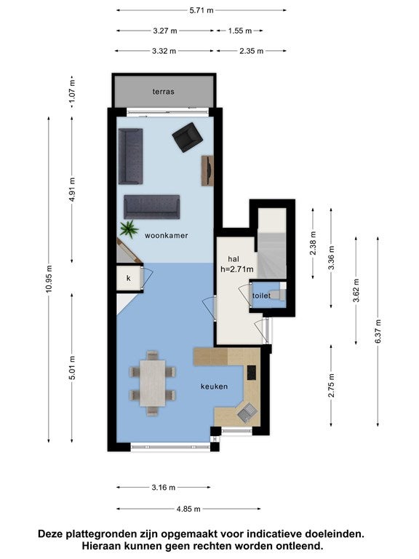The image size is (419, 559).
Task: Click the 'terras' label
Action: click(164, 92)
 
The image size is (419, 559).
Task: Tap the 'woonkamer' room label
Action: click(166, 235)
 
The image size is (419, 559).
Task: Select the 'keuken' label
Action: click(214, 386)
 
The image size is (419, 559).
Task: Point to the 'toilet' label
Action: click(262, 296)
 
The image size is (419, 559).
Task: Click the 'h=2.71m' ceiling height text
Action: click(237, 269)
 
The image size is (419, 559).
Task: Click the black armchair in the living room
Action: click(188, 138)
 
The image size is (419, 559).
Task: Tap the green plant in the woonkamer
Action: click(129, 229)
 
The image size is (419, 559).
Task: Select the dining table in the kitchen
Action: click(153, 384)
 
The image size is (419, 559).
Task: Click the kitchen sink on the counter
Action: click(247, 413)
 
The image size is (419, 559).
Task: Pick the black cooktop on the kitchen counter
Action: click(252, 373)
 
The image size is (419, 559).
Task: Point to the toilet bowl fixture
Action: click(279, 295)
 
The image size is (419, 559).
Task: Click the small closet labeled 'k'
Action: click(129, 278)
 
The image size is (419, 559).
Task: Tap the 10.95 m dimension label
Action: click(49, 279)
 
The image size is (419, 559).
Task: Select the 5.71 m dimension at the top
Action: click(201, 10)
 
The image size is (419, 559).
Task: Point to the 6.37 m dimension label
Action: click(378, 331)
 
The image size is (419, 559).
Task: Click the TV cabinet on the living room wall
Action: click(207, 171)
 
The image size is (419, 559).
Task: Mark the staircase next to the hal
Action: click(272, 244)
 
